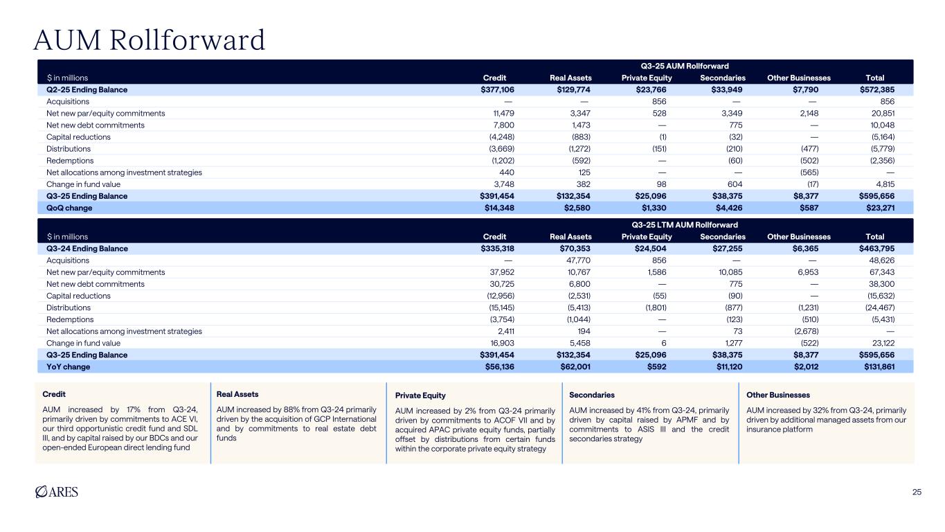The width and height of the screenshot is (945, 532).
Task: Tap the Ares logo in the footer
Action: [x=56, y=492]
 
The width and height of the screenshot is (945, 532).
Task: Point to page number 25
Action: [x=917, y=493]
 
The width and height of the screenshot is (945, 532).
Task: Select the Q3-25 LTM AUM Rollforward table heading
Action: [x=685, y=224]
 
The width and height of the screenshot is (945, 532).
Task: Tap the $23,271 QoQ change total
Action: [x=878, y=208]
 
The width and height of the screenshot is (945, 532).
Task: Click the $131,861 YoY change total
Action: [x=875, y=366]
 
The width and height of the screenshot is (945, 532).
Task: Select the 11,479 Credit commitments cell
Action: [x=503, y=113]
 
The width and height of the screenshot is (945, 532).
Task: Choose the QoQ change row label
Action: [x=69, y=208]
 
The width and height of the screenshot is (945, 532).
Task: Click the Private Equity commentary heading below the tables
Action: [x=420, y=396]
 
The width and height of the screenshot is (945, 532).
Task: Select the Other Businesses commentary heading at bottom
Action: [x=778, y=395]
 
